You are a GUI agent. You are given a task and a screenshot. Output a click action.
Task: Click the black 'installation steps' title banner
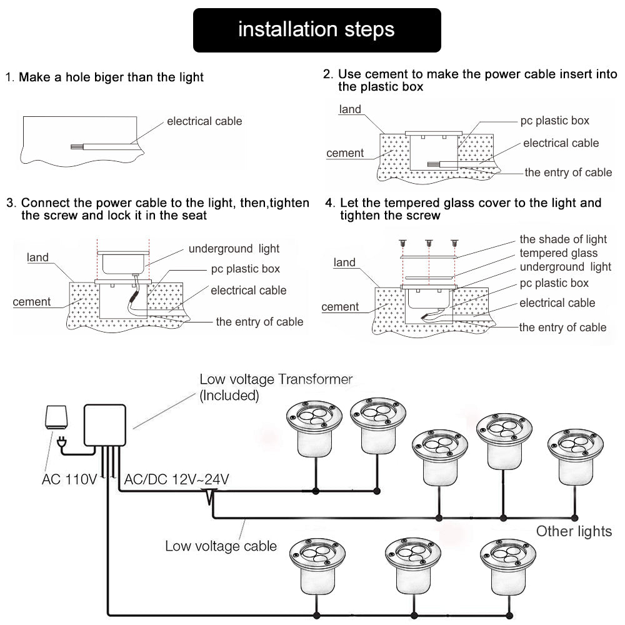[x=317, y=30]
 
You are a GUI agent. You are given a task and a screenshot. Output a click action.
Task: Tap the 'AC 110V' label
[x=69, y=480]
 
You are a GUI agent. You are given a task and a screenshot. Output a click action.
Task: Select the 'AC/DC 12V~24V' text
[x=177, y=480]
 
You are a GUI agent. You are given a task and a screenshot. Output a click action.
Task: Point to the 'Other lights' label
[x=574, y=531]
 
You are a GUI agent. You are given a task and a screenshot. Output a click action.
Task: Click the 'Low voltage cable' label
[x=221, y=546]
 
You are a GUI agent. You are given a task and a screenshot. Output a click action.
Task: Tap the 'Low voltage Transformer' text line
[x=276, y=379]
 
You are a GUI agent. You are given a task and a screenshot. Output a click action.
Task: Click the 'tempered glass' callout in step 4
[x=558, y=253]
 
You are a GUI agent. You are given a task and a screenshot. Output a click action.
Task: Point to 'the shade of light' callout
[x=563, y=239]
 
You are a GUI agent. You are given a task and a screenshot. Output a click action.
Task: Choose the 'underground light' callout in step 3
[x=234, y=249]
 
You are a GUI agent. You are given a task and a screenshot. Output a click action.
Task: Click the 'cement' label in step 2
[x=345, y=153]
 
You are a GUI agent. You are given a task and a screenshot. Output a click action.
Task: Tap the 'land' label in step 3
[x=37, y=257]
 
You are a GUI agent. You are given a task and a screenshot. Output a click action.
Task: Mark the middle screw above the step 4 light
[x=429, y=242]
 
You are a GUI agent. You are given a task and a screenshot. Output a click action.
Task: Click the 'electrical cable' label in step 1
[x=204, y=121]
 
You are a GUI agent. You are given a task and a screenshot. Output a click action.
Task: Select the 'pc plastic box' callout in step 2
[x=554, y=121]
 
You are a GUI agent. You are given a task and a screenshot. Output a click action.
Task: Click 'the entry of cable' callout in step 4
[x=562, y=327]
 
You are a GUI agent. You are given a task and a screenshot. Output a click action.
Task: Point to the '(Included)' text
[x=229, y=395]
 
